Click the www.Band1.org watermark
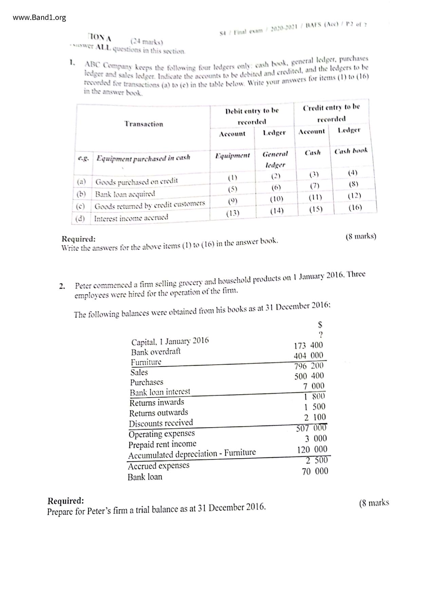(39, 17)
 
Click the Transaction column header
(144, 124)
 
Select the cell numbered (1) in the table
(233, 177)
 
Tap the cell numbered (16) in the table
(355, 207)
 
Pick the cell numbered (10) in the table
(276, 199)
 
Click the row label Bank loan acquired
(125, 194)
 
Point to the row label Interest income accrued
(131, 218)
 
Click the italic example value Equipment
(233, 156)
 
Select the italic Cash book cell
(351, 151)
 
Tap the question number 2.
(62, 286)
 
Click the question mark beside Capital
(321, 335)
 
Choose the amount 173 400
(308, 346)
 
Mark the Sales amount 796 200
(309, 366)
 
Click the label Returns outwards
(159, 413)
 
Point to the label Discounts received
(161, 423)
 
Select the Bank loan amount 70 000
(315, 471)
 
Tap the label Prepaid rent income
(162, 444)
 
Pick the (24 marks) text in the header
(147, 42)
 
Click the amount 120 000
(312, 450)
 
